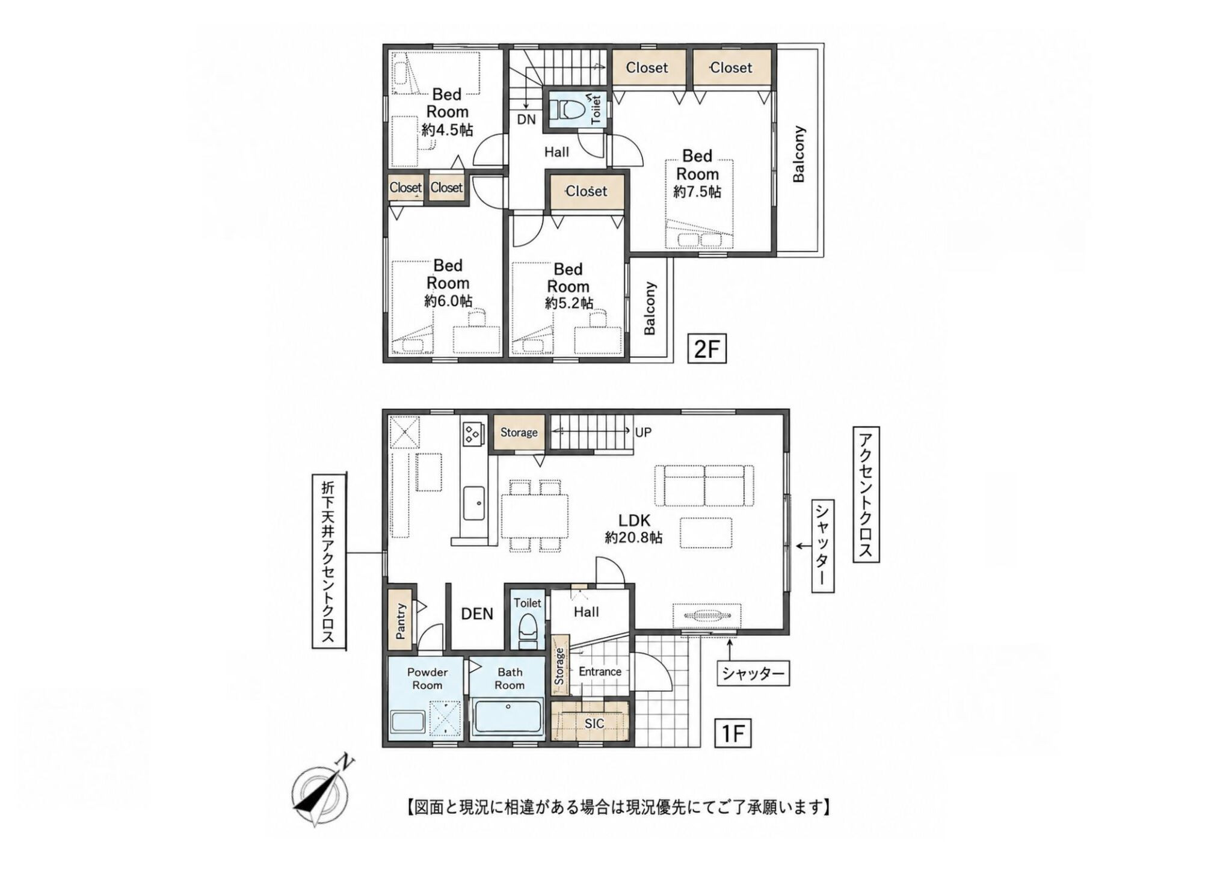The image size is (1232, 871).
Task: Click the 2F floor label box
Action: click(x=707, y=349)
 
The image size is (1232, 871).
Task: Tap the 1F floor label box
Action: click(x=733, y=733)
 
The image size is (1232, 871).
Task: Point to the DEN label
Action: click(x=477, y=614)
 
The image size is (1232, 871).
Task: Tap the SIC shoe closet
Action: click(x=590, y=721)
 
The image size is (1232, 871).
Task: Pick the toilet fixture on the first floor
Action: click(x=528, y=632)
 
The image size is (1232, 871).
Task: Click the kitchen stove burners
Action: click(x=472, y=432)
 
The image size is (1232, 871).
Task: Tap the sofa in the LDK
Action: click(x=704, y=485)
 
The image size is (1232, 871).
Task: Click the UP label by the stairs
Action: click(x=643, y=432)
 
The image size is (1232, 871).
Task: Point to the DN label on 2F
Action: click(x=526, y=119)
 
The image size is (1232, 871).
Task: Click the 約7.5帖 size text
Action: click(x=697, y=192)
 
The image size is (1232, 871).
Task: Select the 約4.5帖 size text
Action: click(x=447, y=129)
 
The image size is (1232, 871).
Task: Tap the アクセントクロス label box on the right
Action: click(x=866, y=494)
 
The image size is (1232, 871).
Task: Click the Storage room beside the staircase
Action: click(x=519, y=432)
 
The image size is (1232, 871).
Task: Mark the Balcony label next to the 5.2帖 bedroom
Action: click(x=650, y=309)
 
